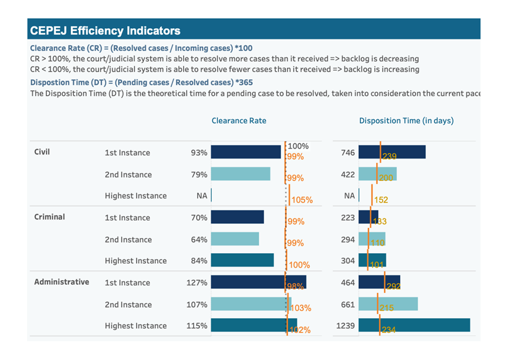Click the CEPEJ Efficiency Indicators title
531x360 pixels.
coord(106,31)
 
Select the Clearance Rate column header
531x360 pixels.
coord(239,121)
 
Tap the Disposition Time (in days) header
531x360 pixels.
coord(406,121)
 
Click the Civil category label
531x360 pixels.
coord(42,152)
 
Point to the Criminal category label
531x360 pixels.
coord(49,217)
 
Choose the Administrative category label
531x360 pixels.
coord(62,282)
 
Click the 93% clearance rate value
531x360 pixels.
coord(199,153)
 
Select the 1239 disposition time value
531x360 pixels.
coord(345,326)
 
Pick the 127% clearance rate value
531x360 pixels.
coord(197,282)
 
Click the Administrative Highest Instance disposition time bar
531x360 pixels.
coord(414,325)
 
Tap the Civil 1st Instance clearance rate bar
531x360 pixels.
coord(246,152)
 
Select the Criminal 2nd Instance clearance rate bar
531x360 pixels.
coord(235,239)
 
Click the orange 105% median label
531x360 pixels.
coord(302,200)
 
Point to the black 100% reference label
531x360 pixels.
coord(298,146)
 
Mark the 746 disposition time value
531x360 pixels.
coord(348,153)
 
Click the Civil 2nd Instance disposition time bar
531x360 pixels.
coord(377,174)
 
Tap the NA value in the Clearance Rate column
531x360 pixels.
coord(202,196)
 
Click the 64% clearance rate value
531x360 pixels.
coord(199,240)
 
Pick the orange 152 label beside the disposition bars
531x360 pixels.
coord(381,200)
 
